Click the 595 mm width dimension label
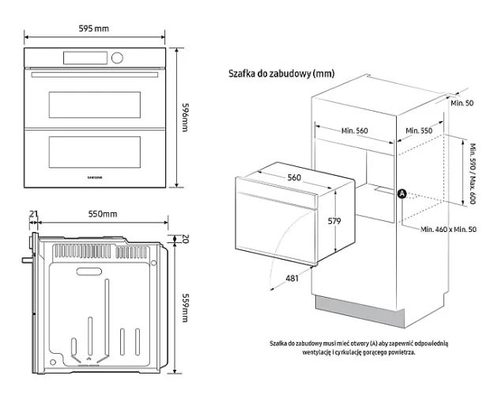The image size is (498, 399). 94,28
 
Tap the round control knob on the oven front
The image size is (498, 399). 118,58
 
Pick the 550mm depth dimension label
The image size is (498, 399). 102,215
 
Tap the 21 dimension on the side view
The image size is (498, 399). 33,215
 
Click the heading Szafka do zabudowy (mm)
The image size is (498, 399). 281,74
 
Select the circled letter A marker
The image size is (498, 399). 402,193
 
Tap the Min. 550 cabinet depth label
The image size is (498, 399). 419,131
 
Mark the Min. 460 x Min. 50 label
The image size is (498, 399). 449,229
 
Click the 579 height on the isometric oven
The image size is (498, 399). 334,222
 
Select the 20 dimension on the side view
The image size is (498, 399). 185,239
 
